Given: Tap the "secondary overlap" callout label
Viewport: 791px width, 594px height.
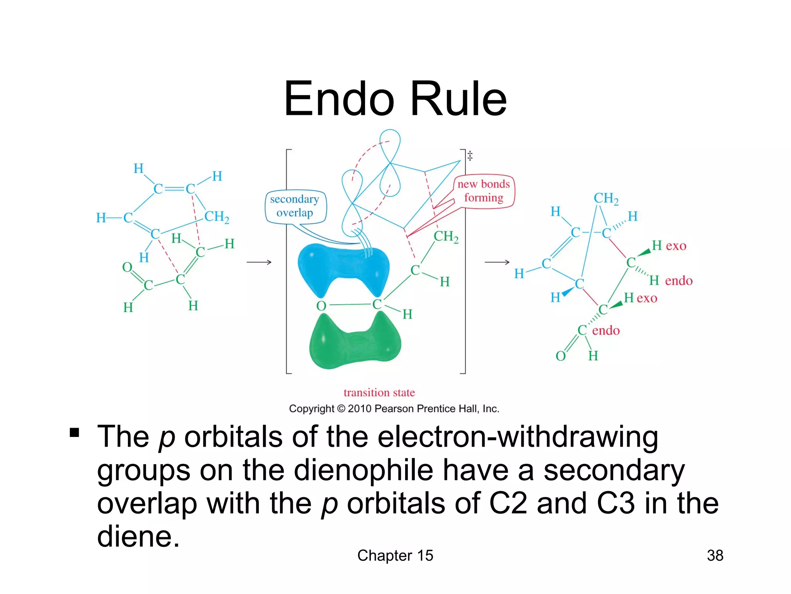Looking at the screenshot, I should [295, 206].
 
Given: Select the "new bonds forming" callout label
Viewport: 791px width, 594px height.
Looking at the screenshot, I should [484, 191].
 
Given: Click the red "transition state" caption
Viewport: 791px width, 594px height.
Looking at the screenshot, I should [379, 393].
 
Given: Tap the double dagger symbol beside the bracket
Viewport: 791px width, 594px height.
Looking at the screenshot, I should [470, 155].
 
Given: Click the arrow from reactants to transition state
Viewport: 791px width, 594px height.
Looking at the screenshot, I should [259, 262].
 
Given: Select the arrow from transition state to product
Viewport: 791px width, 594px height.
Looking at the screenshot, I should [497, 262].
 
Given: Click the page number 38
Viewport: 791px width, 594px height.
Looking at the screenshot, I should [715, 555].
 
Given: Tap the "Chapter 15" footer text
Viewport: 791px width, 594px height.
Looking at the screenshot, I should [395, 555].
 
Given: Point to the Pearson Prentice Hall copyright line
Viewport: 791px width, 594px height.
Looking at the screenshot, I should [394, 409].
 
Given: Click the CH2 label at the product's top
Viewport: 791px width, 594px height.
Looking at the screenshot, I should [606, 198].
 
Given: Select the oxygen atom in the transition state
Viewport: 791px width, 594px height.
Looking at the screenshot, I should [321, 306].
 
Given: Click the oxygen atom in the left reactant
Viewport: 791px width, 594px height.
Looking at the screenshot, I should [127, 267].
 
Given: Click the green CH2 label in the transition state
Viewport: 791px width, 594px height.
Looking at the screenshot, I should [446, 236].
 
